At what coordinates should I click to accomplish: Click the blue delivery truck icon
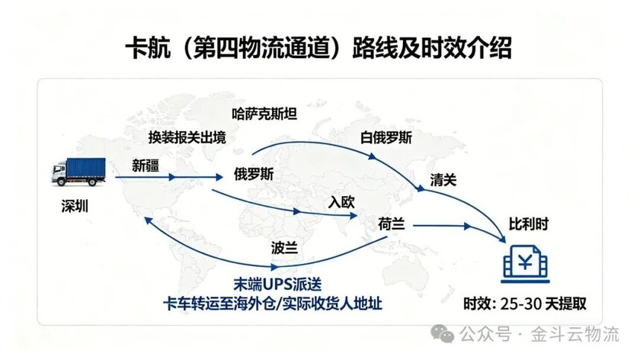click(78, 172)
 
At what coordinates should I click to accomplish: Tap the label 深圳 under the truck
click(75, 206)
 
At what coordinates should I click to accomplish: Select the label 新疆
click(145, 165)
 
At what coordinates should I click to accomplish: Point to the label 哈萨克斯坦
click(264, 114)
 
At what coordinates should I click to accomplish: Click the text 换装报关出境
click(187, 138)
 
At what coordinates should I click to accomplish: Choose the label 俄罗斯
click(253, 174)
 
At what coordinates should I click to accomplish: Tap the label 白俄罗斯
click(386, 138)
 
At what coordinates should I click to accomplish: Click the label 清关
click(443, 180)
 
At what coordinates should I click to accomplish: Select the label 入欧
click(341, 202)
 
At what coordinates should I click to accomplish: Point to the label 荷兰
click(391, 224)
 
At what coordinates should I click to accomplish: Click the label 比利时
click(528, 224)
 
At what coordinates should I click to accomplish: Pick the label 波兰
click(284, 247)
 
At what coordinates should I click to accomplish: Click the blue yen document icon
click(525, 264)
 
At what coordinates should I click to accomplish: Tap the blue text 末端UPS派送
click(278, 284)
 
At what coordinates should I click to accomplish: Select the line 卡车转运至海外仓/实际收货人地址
click(273, 303)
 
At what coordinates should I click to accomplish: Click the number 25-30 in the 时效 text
click(521, 303)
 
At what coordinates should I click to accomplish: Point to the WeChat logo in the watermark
click(443, 334)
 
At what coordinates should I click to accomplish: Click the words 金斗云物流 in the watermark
click(574, 334)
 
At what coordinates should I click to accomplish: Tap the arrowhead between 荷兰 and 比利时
click(466, 226)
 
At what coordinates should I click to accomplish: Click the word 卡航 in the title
click(148, 48)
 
